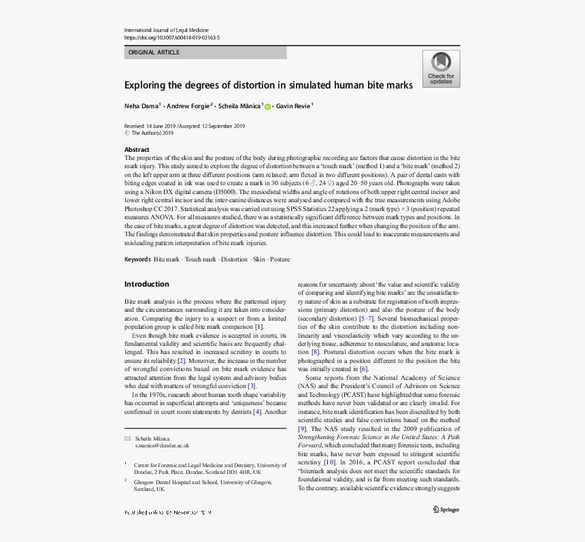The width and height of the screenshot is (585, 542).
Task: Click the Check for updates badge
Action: tap(441, 69)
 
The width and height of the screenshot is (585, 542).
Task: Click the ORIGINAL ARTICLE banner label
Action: tap(154, 52)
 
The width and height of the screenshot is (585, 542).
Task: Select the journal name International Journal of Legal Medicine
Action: tap(166, 30)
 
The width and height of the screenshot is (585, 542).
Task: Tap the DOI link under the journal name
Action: tap(172, 38)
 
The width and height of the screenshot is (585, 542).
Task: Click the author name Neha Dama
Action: tap(141, 106)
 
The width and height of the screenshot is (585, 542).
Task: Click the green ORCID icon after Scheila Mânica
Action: tap(267, 107)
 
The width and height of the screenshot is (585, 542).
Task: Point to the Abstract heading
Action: tap(137, 150)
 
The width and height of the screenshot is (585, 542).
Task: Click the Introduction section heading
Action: tap(146, 284)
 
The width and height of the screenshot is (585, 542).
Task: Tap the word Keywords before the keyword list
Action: tap(137, 259)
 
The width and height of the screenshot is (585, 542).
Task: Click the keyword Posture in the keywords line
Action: tap(280, 259)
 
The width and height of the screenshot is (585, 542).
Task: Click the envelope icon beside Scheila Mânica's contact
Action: tap(127, 439)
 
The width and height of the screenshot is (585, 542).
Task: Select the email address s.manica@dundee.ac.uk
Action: tap(162, 445)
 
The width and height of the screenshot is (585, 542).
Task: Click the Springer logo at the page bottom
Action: tap(446, 509)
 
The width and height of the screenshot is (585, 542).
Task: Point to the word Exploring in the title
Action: tap(145, 85)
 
